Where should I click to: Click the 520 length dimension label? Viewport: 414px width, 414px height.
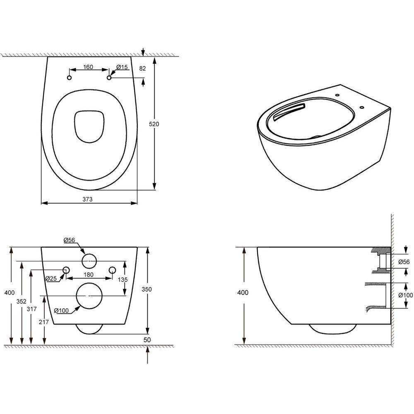pos(154,124)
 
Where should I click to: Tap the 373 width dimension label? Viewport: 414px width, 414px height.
pos(87,199)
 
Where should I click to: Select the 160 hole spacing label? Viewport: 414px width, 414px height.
pos(88,67)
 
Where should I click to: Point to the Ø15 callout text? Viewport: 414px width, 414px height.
pos(122,67)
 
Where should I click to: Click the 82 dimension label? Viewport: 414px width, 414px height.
pos(142,68)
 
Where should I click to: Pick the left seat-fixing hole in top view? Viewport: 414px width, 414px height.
pos(70,78)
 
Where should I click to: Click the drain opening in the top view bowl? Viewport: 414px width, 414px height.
pos(89,126)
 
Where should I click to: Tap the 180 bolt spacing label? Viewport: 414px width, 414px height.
pos(89,274)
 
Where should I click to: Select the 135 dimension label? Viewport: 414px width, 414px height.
pos(123,279)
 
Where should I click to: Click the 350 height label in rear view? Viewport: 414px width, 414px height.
pos(147,289)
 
